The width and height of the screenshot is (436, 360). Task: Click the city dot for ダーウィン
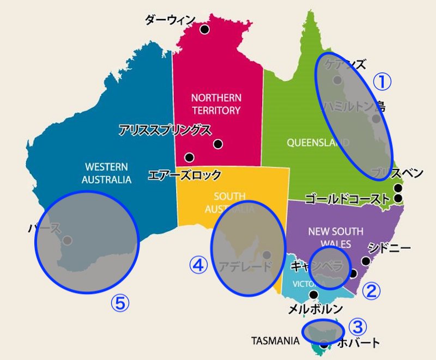(x=204, y=29)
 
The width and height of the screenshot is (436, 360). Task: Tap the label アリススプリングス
(x=165, y=130)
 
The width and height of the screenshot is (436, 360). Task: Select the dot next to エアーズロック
(x=189, y=157)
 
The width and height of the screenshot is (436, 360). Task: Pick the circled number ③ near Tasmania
(x=358, y=327)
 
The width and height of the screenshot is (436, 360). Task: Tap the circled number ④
(x=198, y=265)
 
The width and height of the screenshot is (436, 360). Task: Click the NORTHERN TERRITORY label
(x=216, y=104)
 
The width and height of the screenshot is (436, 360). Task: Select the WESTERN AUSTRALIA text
(x=107, y=173)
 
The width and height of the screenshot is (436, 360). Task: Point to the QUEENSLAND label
(x=318, y=143)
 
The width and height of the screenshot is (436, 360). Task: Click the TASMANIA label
(x=275, y=341)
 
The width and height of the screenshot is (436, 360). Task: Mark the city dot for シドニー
(x=366, y=261)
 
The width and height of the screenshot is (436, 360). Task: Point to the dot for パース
(x=67, y=240)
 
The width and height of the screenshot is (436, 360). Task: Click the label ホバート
(x=358, y=343)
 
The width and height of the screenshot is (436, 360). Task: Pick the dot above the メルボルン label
(x=313, y=295)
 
